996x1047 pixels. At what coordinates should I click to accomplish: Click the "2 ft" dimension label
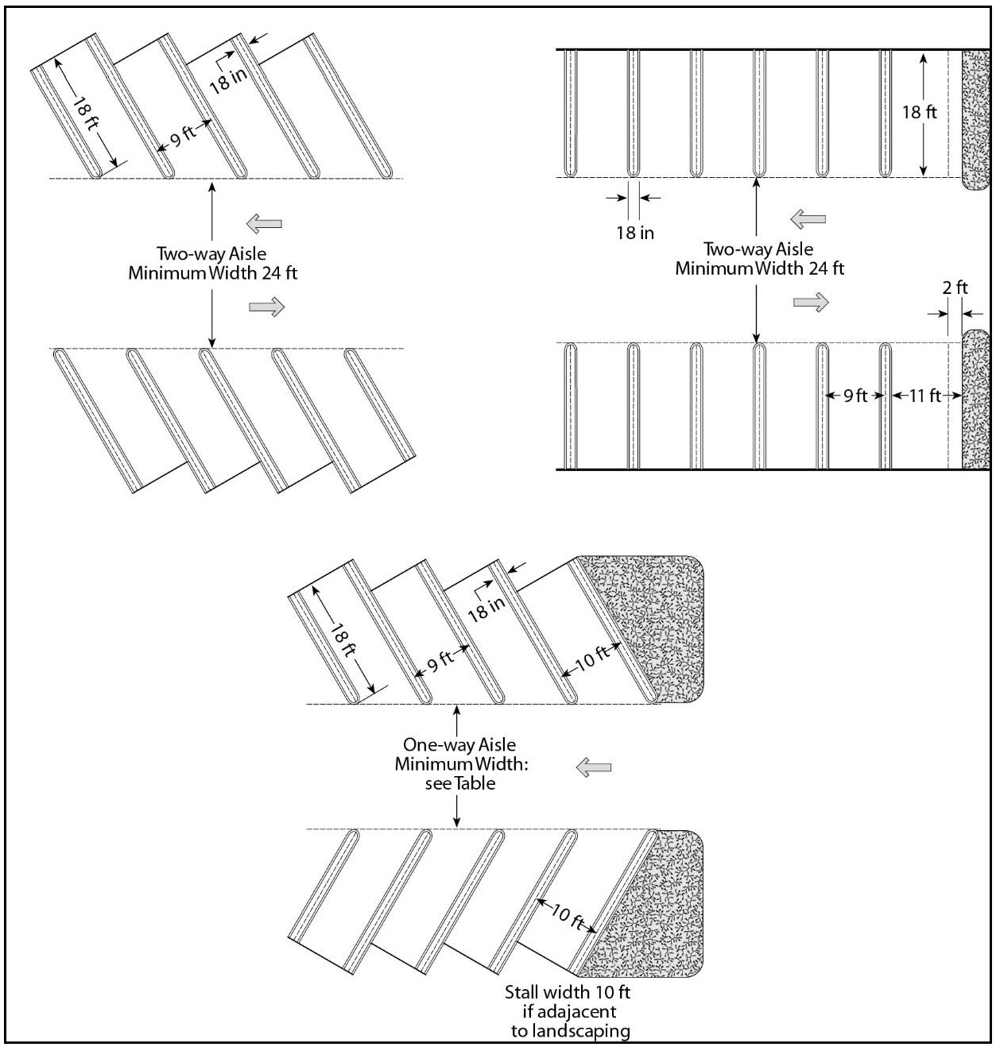955,288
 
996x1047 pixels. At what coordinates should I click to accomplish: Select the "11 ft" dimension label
924,395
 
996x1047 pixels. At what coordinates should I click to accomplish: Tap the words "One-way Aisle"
459,744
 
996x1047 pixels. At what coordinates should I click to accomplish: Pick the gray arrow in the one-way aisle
593,767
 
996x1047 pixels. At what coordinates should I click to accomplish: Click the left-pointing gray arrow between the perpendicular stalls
808,218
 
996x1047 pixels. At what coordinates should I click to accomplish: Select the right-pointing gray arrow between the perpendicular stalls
811,302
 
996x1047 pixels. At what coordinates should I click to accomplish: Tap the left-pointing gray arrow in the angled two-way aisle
264,224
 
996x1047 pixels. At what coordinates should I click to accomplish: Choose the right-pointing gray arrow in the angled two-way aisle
266,307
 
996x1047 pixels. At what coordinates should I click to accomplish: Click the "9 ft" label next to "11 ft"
855,395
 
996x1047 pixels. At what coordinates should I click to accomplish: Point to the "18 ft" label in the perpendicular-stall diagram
919,112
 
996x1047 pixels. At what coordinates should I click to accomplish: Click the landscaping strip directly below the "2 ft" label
975,397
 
